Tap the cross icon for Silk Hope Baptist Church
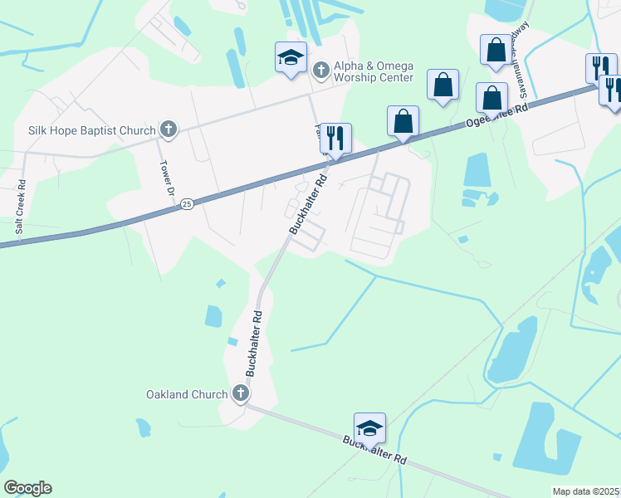click(168, 129)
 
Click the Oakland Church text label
click(186, 394)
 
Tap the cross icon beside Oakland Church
click(241, 393)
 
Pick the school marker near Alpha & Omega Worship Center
click(291, 58)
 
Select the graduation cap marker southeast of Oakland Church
click(369, 428)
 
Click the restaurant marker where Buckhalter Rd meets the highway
click(335, 138)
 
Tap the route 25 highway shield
click(187, 203)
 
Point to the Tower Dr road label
click(165, 177)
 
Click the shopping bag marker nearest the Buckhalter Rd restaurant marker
click(403, 120)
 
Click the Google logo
click(27, 488)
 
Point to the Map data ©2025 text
click(585, 491)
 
